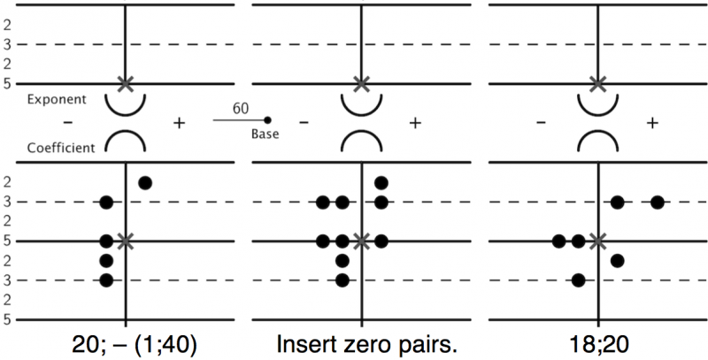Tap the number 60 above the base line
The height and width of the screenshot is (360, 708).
pyautogui.click(x=240, y=108)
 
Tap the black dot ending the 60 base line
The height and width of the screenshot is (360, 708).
pyautogui.click(x=268, y=119)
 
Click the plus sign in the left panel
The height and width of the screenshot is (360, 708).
pyautogui.click(x=180, y=123)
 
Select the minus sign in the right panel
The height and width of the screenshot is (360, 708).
pyautogui.click(x=541, y=123)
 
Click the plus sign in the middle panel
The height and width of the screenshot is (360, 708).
pyautogui.click(x=413, y=123)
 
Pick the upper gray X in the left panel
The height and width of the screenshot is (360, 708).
pyautogui.click(x=126, y=84)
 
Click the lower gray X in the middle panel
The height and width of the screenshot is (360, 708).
pyautogui.click(x=361, y=241)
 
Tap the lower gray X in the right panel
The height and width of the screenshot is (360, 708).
pyautogui.click(x=598, y=241)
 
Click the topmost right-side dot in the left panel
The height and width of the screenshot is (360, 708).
pyautogui.click(x=145, y=183)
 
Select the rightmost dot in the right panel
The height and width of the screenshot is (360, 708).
pyautogui.click(x=657, y=203)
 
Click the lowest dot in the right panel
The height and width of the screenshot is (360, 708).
pyautogui.click(x=579, y=280)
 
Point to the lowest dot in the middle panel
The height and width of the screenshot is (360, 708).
pyautogui.click(x=342, y=280)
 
